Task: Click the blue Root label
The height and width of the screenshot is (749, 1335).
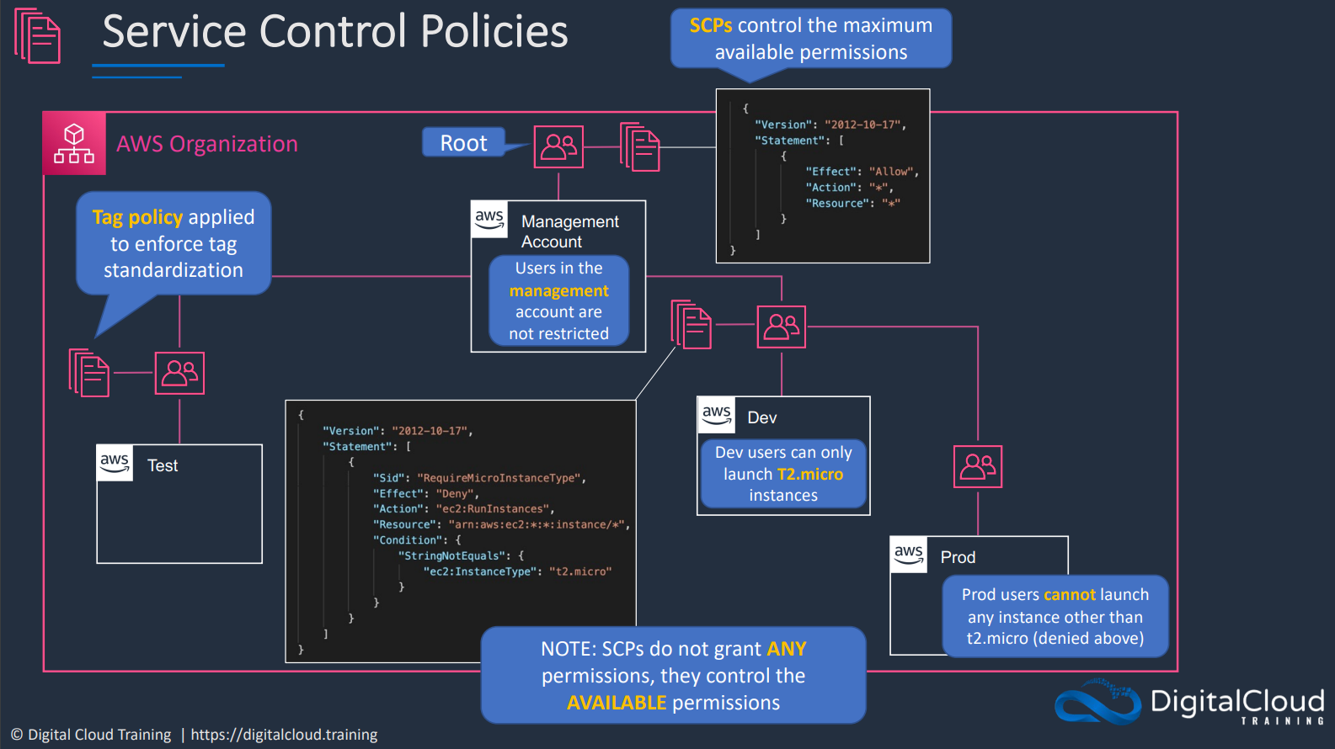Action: pos(464,143)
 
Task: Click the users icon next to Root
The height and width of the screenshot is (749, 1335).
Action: pos(558,146)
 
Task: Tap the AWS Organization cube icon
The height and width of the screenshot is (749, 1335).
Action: pos(74,143)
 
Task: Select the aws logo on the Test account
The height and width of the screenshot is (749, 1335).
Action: pos(115,463)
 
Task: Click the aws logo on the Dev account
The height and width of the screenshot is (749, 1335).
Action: pos(717,414)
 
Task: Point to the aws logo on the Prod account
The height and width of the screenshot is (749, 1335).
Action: pos(909,555)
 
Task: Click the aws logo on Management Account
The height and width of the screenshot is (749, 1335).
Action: pos(489,219)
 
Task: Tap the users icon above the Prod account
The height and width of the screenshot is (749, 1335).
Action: pos(978,466)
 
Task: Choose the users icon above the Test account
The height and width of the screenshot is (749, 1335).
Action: pos(179,374)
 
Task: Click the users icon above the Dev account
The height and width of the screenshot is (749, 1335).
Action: pos(782,327)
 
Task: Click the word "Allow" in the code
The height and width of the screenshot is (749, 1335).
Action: pos(891,172)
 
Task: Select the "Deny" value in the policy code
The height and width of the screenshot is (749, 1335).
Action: pos(455,493)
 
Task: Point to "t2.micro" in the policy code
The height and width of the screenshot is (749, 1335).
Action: pos(579,571)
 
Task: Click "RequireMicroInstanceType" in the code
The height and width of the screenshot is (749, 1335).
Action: pos(499,477)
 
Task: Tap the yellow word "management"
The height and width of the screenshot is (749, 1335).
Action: pos(559,290)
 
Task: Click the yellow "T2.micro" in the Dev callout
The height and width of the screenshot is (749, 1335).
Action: pos(810,474)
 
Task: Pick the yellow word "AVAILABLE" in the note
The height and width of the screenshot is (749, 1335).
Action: pos(617,703)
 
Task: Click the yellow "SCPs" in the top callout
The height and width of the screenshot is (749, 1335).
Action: pos(710,25)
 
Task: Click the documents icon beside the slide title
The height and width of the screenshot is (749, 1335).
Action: pos(38,35)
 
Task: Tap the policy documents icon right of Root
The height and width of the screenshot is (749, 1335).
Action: pos(640,147)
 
